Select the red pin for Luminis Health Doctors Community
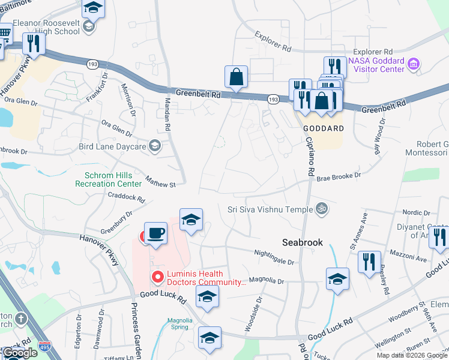pyautogui.click(x=158, y=277)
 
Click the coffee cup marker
pyautogui.click(x=155, y=233)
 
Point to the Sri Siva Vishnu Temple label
pyautogui.click(x=270, y=209)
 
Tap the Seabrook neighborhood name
pyautogui.click(x=303, y=242)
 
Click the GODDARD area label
pyautogui.click(x=323, y=128)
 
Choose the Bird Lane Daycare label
pyautogui.click(x=113, y=146)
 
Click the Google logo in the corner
pyautogui.click(x=20, y=353)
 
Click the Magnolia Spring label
pyautogui.click(x=180, y=324)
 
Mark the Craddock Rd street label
pyautogui.click(x=126, y=197)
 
